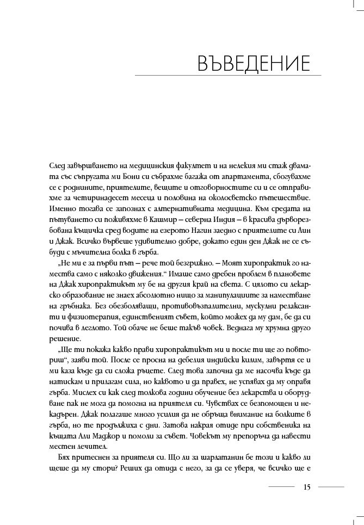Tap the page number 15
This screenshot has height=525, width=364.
(x=307, y=487)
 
